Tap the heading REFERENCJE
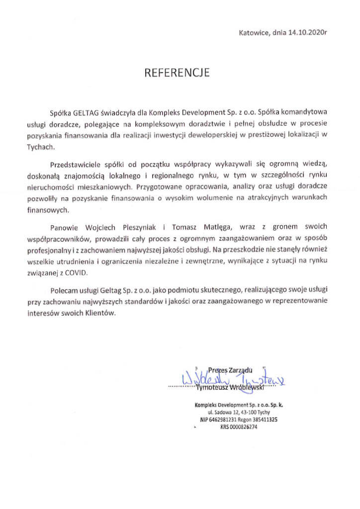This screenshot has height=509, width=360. click(x=177, y=73)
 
